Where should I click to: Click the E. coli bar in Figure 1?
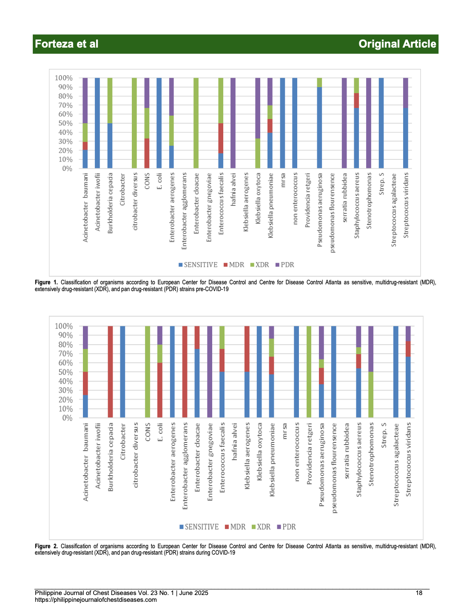[159, 123]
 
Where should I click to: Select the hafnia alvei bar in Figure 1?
[233, 123]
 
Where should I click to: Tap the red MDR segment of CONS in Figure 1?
[147, 153]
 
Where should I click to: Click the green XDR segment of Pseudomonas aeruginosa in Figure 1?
[319, 82]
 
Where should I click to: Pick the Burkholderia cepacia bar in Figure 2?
[111, 371]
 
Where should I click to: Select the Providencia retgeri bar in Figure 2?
[309, 371]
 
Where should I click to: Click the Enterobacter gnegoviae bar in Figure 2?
[210, 371]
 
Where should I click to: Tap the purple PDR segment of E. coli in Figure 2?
[160, 335]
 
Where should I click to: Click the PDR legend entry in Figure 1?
[284, 265]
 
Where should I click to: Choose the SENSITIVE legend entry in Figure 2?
[199, 527]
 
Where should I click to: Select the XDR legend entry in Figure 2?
[261, 527]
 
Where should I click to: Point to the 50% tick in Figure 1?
[65, 123]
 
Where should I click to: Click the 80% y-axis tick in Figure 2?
[65, 344]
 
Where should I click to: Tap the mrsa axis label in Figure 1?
[283, 180]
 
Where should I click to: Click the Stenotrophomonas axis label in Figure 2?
[371, 454]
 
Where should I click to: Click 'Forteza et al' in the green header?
[66, 44]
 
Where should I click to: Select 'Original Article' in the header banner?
[397, 44]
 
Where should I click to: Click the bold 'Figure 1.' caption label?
[46, 282]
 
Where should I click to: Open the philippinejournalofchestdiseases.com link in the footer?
[96, 600]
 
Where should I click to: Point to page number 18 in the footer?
[419, 593]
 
